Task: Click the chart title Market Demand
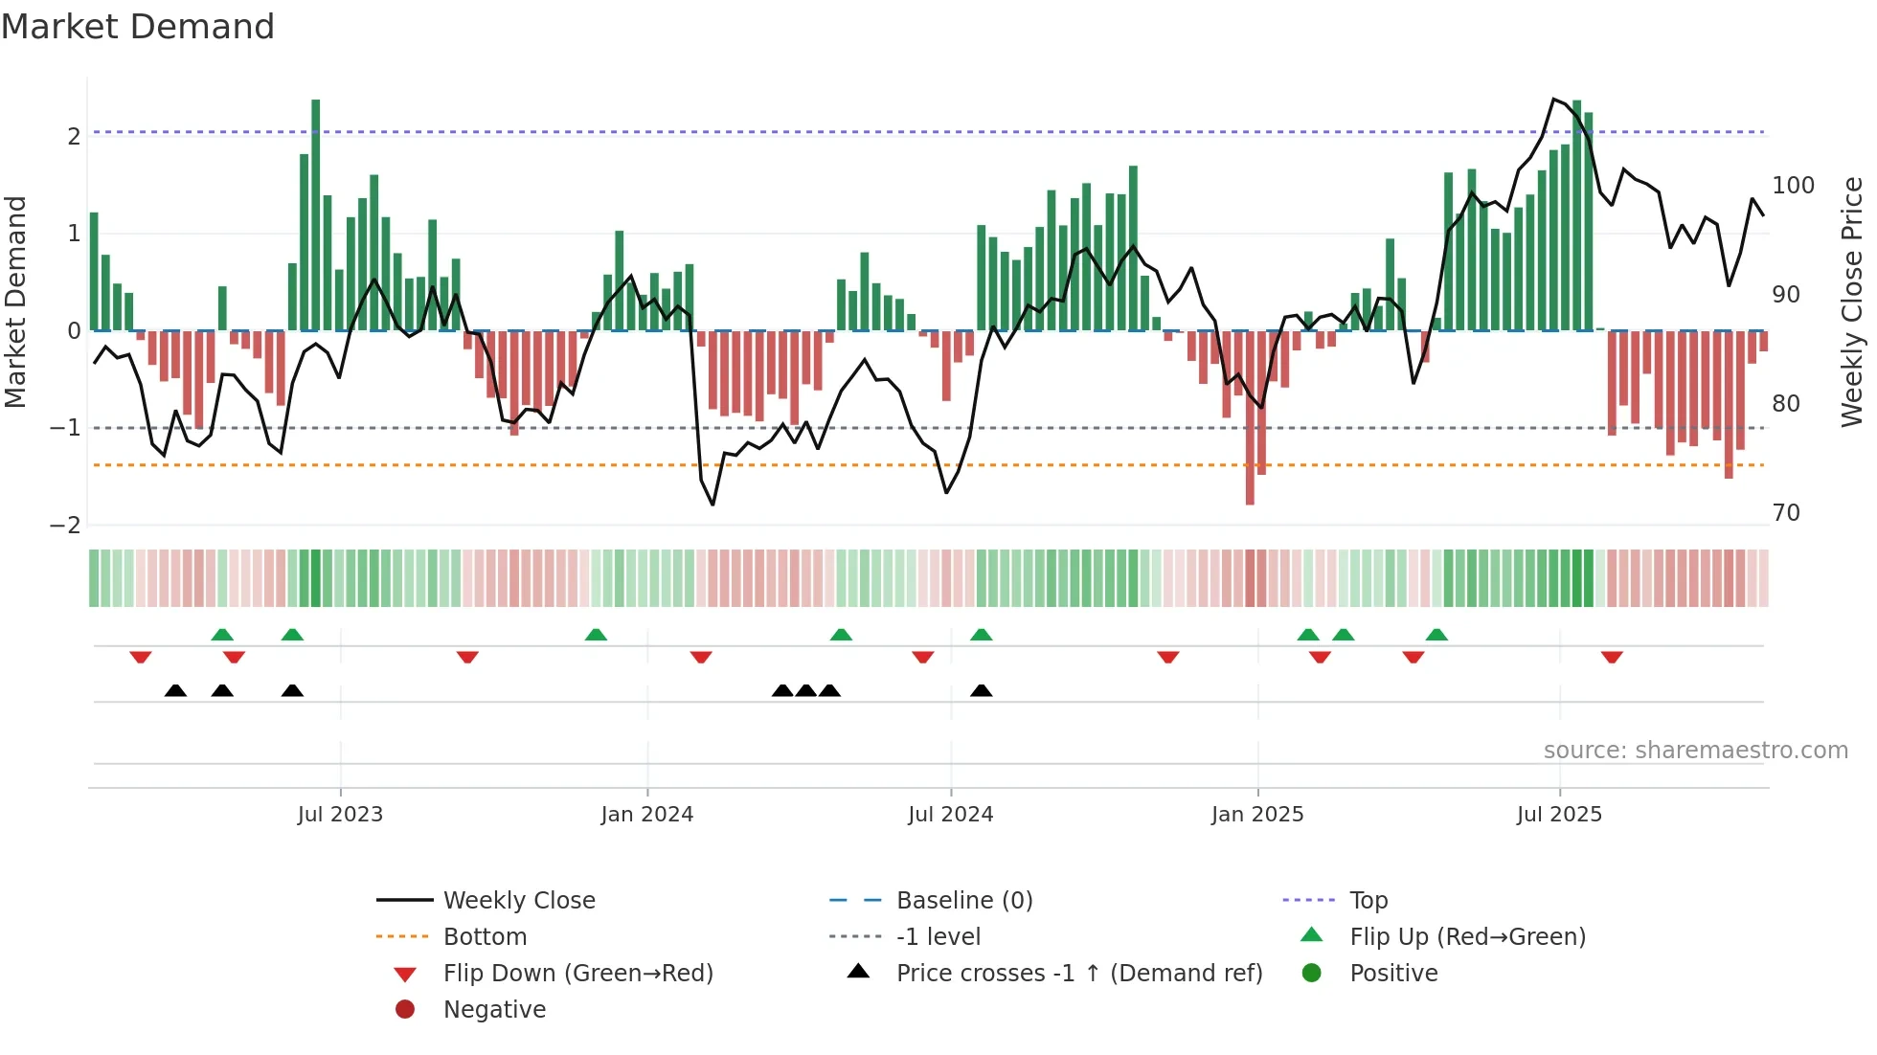138,27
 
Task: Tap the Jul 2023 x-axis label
340,815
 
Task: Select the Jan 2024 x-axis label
646,815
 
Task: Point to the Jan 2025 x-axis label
1256,815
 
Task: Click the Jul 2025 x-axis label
1559,815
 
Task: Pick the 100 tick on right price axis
1793,186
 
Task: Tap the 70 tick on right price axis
1786,513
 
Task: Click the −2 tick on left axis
65,526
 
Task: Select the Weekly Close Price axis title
1852,302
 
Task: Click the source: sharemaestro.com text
1695,751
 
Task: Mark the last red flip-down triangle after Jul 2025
1612,658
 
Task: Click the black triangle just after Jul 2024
982,690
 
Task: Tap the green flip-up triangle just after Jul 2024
982,635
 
